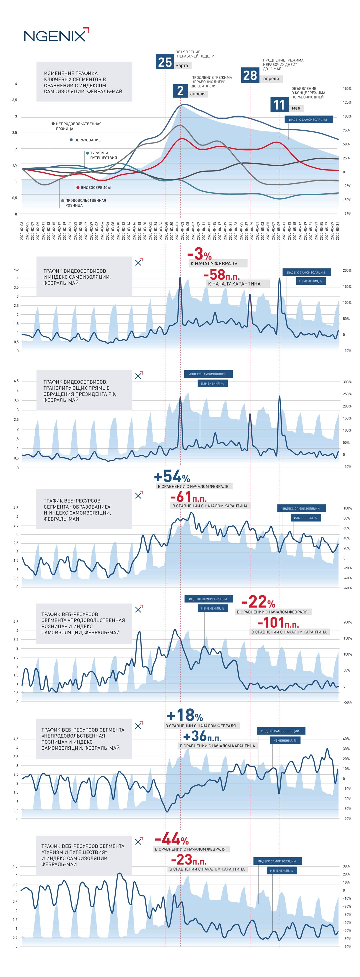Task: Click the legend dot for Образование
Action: click(71, 140)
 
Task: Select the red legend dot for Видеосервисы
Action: click(78, 188)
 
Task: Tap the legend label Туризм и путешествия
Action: click(103, 156)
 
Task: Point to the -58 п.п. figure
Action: click(221, 274)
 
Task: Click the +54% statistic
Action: click(172, 476)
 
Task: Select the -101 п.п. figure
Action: click(278, 623)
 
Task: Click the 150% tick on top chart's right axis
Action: click(347, 89)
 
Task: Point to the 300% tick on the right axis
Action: click(347, 382)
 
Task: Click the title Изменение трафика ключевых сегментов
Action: click(83, 82)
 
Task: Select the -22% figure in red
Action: click(258, 602)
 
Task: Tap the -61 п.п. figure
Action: click(188, 496)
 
